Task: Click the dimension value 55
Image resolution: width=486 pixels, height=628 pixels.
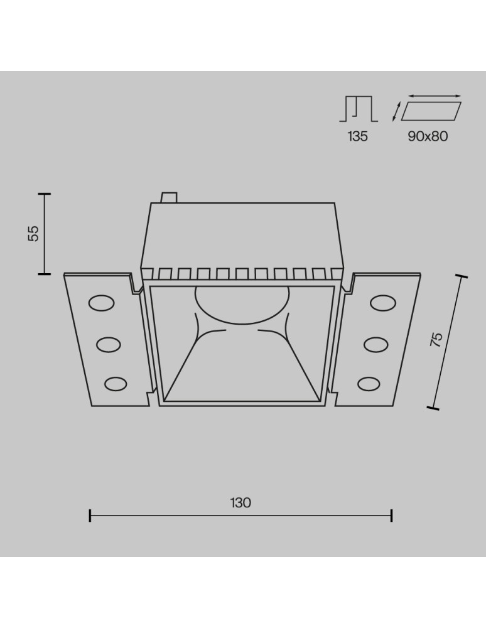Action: pos(35,234)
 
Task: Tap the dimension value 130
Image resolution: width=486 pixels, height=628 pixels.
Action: pos(240,502)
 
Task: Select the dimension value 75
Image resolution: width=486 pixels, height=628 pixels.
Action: pos(438,339)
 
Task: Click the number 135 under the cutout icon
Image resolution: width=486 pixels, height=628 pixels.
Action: pos(357,136)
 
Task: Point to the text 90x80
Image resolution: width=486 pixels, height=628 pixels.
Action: pos(428,136)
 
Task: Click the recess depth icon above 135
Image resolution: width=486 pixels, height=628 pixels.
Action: pos(359,109)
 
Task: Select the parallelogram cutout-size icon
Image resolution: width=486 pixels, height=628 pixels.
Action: pos(431,111)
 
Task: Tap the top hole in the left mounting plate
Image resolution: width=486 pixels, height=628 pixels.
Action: pos(101,303)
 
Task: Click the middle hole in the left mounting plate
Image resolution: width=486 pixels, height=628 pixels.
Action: pos(109,344)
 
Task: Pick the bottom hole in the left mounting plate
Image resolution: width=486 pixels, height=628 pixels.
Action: pos(116,384)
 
